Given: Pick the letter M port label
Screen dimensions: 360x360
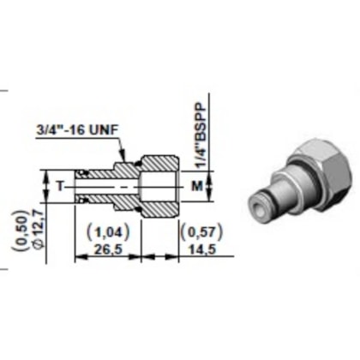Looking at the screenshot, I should [196, 185].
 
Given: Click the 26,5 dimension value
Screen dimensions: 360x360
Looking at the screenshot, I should [104, 249].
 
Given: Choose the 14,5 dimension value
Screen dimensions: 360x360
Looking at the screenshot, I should [194, 249].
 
